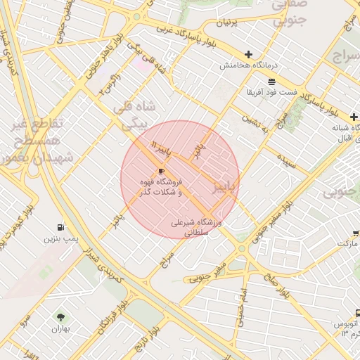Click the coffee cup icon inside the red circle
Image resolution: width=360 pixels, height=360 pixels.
click(x=161, y=171)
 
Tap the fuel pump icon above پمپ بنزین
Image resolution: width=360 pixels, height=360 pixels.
click(x=61, y=228)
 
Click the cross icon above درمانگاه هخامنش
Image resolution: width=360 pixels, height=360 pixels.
click(x=248, y=54)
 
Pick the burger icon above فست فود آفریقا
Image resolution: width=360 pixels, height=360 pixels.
click(x=271, y=82)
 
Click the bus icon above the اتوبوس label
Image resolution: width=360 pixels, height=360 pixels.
click(x=357, y=314)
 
